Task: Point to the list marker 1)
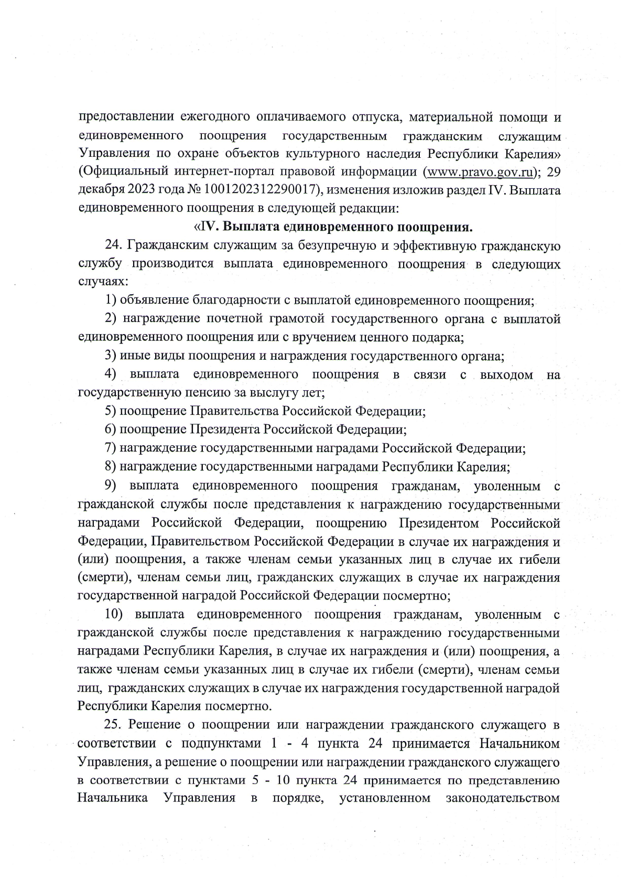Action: point(111,301)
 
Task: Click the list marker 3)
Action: point(111,356)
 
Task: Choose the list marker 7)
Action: point(111,448)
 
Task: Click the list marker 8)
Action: point(111,466)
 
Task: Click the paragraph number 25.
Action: point(114,725)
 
